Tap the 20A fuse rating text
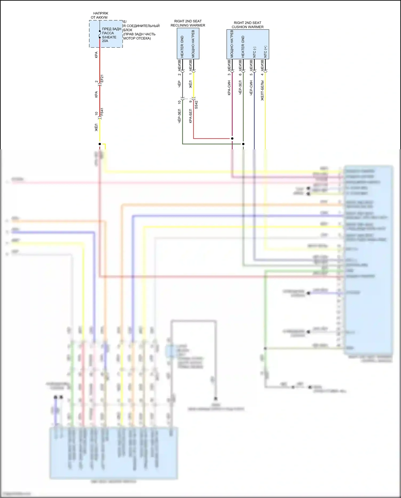pyautogui.click(x=105, y=41)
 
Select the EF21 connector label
pyautogui.click(x=102, y=79)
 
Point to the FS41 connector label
pyautogui.click(x=102, y=112)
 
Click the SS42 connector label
pyautogui.click(x=196, y=105)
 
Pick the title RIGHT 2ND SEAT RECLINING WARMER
pyautogui.click(x=188, y=23)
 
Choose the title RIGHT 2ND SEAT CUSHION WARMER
pyautogui.click(x=248, y=25)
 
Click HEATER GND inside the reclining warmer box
pyautogui.click(x=182, y=47)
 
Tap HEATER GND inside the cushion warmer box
pyautogui.click(x=243, y=47)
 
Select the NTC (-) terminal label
pyautogui.click(x=254, y=52)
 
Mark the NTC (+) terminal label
pyautogui.click(x=265, y=52)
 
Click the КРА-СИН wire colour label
pyautogui.click(x=229, y=88)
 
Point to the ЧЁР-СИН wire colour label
pyautogui.click(x=251, y=88)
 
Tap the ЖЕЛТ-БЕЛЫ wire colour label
pyautogui.click(x=262, y=90)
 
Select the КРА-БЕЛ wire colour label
pyautogui.click(x=190, y=116)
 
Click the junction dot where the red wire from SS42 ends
pyautogui.click(x=232, y=138)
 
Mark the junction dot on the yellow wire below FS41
pyautogui.click(x=100, y=144)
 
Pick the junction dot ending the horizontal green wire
pyautogui.click(x=243, y=144)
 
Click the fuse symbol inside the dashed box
pyautogui.click(x=100, y=34)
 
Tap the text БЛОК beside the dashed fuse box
pyautogui.click(x=128, y=30)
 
